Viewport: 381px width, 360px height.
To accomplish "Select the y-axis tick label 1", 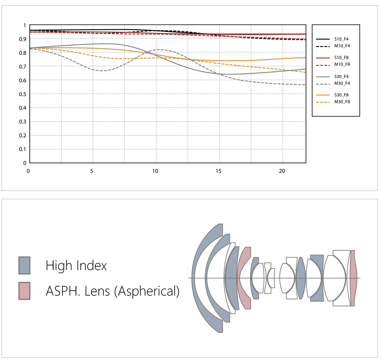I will pos(25,25).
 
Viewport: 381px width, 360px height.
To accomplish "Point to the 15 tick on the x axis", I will pos(219,171).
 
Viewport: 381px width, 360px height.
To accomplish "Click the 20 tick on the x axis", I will pos(282,171).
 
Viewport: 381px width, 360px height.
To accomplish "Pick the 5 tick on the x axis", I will pos(92,171).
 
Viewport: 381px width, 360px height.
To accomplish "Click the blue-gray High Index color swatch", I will pos(25,265).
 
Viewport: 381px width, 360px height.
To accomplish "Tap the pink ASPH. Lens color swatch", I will pos(25,291).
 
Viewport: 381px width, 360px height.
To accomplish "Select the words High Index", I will pos(76,265).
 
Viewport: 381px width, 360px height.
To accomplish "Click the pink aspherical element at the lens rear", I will pos(353,278).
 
